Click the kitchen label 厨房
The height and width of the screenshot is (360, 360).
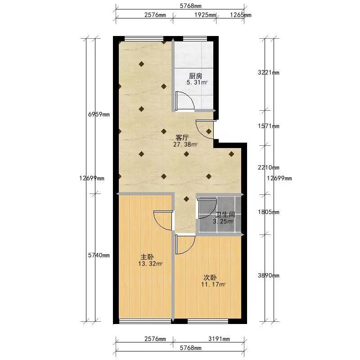point(195,76)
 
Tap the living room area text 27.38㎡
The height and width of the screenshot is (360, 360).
point(185,144)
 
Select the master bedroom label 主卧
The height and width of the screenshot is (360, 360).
point(147,257)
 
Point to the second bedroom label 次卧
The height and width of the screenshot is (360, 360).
point(210,278)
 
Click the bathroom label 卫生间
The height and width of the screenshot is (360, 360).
point(225,215)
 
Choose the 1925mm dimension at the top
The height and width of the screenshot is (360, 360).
point(205,15)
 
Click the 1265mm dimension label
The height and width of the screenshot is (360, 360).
point(241,15)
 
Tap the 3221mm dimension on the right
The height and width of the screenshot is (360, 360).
point(268,72)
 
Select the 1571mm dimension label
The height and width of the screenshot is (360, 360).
point(268,126)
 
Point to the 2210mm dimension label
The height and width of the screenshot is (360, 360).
point(268,167)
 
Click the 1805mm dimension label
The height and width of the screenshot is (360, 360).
point(268,212)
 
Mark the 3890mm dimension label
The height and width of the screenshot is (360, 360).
point(268,275)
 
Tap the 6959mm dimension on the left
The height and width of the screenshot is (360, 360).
point(99,114)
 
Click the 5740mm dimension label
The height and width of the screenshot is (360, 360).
point(99,255)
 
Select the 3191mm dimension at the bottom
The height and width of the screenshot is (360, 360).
point(219,339)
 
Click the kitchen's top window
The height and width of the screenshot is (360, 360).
point(195,39)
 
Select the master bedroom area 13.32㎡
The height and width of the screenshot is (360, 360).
point(150,264)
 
